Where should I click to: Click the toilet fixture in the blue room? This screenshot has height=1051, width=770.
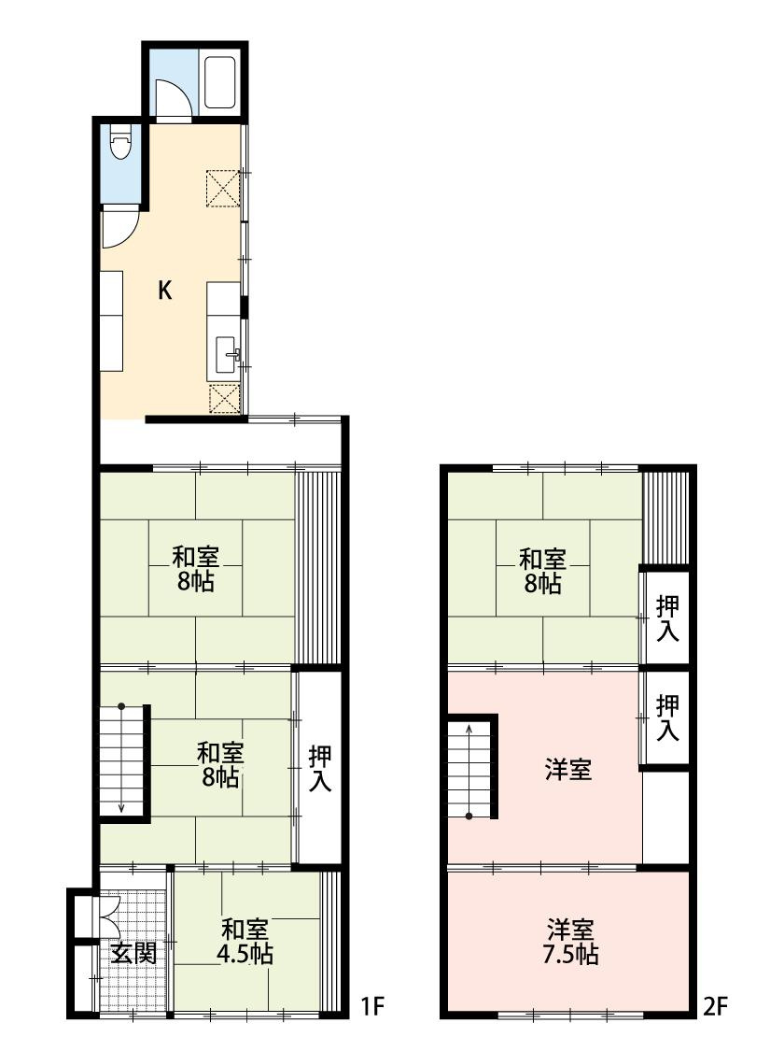pyautogui.click(x=119, y=145)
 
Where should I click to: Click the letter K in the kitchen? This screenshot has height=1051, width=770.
pyautogui.click(x=164, y=291)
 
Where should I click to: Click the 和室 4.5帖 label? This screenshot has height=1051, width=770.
pyautogui.click(x=246, y=942)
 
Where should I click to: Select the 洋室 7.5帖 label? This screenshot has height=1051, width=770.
pyautogui.click(x=572, y=942)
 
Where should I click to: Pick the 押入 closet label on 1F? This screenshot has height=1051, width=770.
pyautogui.click(x=320, y=768)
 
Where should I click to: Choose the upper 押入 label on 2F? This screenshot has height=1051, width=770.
pyautogui.click(x=667, y=618)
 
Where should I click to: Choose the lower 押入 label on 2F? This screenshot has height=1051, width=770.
pyautogui.click(x=667, y=717)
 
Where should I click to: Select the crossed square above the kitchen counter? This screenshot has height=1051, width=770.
pyautogui.click(x=223, y=187)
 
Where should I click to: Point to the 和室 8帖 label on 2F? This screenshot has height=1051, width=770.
pyautogui.click(x=542, y=572)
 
